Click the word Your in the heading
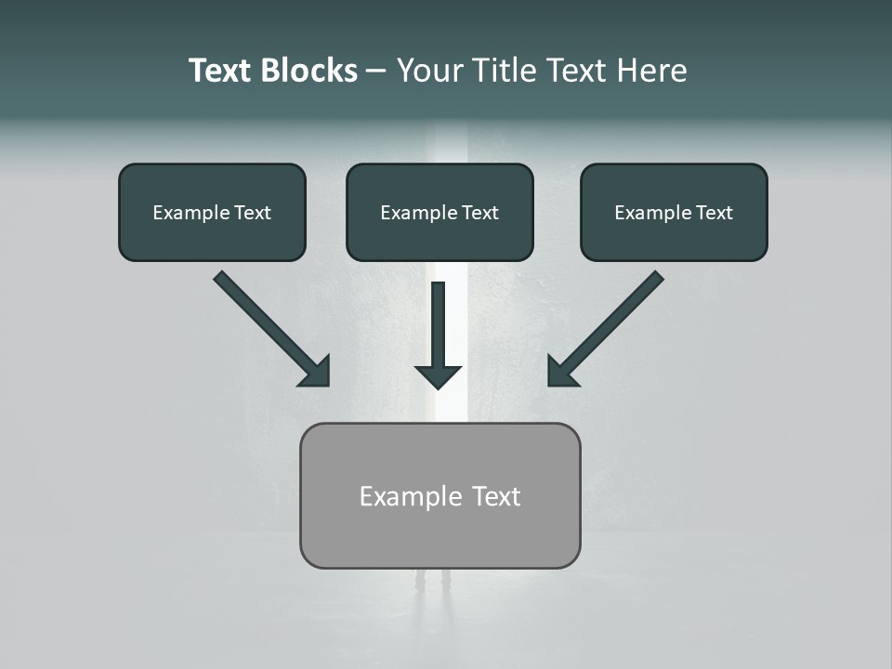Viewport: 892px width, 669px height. coord(429,71)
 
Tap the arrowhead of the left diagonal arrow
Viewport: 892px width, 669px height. coord(317,373)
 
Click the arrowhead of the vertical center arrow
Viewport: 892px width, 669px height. coord(438,376)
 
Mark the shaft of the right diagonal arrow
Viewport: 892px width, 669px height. coord(617,317)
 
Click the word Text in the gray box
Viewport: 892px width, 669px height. coord(496,497)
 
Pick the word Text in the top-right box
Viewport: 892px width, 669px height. coord(714,213)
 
